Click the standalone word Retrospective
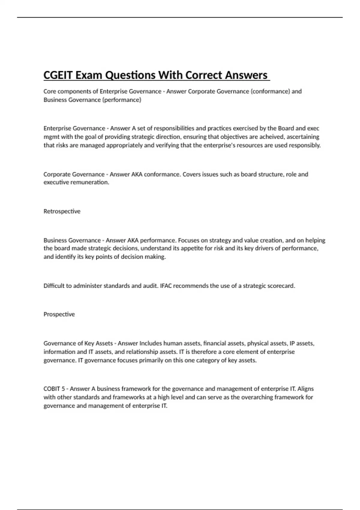click(62, 211)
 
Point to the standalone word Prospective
click(59, 314)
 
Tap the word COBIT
click(52, 388)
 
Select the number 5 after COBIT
click(63, 388)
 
